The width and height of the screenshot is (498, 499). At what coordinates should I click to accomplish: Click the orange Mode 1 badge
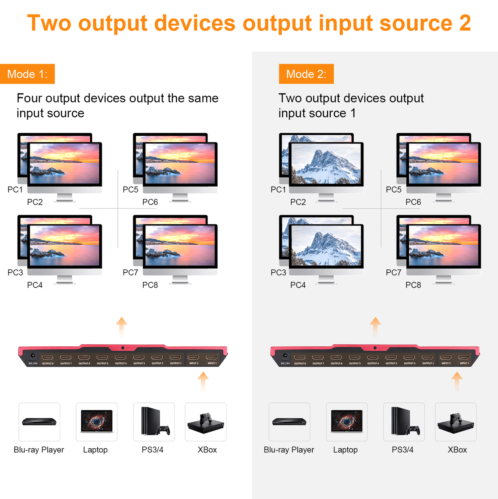[27, 74]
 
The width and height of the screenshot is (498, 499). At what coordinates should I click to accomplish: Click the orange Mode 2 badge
[306, 74]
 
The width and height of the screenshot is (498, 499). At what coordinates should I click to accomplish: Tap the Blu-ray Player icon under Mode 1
[39, 422]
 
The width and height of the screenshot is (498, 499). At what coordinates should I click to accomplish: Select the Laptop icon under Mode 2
[347, 422]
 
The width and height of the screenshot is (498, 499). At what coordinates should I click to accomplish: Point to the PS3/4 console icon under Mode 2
[404, 422]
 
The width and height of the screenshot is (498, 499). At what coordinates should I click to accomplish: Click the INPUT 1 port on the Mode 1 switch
[212, 358]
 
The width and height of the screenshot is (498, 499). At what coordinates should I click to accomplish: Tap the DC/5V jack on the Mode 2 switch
[285, 356]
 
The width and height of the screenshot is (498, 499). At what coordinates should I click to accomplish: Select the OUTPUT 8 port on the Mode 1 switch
[47, 358]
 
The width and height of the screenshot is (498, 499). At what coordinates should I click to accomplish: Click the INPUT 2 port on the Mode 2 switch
[446, 358]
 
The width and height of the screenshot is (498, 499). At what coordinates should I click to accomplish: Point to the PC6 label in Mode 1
[150, 202]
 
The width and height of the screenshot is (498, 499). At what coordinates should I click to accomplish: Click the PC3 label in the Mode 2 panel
[278, 273]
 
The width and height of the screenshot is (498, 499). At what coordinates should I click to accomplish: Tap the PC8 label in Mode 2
[413, 285]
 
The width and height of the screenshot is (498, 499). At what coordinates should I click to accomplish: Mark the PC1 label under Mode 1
[15, 189]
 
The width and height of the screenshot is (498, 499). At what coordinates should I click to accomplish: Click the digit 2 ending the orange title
[465, 23]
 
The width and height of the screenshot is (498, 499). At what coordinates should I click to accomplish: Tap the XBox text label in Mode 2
[457, 450]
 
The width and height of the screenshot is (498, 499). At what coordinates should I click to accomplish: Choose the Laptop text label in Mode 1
[95, 450]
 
